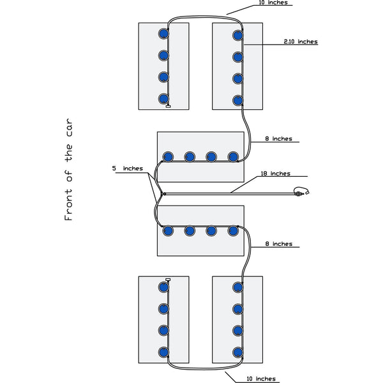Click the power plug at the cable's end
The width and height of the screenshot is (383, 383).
(x=301, y=192)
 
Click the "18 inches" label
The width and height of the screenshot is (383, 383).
(x=275, y=174)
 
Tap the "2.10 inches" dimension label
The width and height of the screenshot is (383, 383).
(x=300, y=41)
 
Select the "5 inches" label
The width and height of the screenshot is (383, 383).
(x=123, y=169)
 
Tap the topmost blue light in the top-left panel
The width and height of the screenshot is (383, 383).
(x=163, y=33)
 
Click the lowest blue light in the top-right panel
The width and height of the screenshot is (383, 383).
(x=238, y=100)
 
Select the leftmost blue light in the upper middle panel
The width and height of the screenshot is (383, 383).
(x=169, y=156)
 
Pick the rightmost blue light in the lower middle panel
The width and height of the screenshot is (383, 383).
(x=233, y=230)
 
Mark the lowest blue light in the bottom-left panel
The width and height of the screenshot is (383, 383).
(x=163, y=352)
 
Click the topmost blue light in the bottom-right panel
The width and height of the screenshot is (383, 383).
(x=238, y=287)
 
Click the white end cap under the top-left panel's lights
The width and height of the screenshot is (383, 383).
(x=168, y=107)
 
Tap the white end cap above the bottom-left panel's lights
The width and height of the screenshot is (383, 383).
(x=168, y=280)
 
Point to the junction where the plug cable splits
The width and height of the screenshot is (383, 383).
(x=163, y=193)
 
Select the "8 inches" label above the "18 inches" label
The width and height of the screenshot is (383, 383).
(x=278, y=139)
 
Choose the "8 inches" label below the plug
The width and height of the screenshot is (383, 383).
(x=278, y=244)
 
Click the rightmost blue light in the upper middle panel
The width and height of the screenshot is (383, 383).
(x=233, y=156)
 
